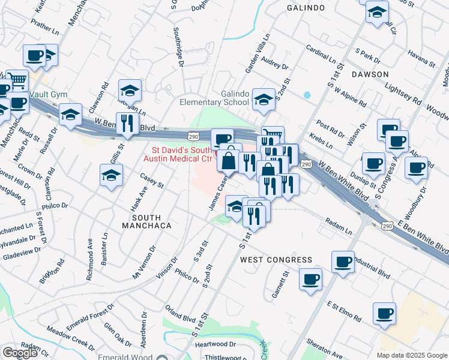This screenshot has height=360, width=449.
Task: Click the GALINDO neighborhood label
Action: click(x=306, y=8)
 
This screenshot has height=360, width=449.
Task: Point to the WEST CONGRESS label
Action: click(x=276, y=260)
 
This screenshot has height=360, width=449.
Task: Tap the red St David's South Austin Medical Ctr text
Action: click(x=181, y=154)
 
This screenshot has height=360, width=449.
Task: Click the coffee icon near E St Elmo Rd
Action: click(x=384, y=313)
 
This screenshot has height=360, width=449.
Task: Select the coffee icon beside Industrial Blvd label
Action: click(x=343, y=262)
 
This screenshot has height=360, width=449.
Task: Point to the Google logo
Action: click(x=20, y=353)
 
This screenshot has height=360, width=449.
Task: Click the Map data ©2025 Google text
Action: click(x=412, y=355)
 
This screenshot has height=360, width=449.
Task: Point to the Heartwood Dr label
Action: click(x=215, y=344)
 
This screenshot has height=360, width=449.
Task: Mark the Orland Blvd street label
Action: click(x=181, y=315)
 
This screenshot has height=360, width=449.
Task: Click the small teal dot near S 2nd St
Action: click(x=307, y=95)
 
